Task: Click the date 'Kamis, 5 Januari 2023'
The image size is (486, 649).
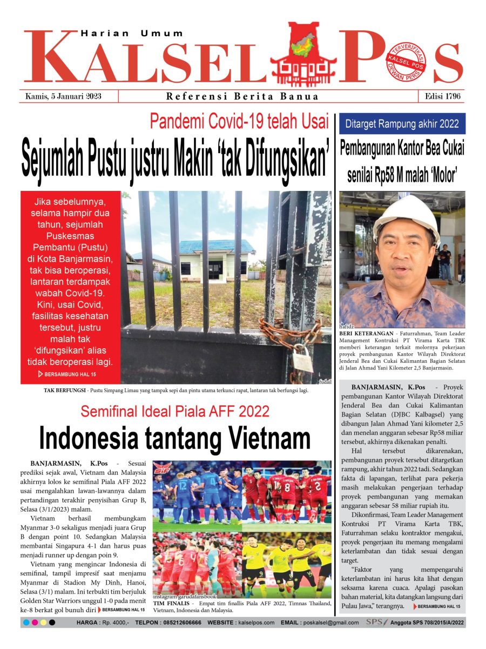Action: tap(63, 97)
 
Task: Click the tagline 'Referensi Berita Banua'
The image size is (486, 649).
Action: tap(242, 97)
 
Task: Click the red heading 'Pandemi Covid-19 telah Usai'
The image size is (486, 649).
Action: tap(239, 121)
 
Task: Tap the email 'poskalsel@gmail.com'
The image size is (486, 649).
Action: tap(330, 622)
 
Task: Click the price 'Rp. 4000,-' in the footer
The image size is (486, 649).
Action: tap(114, 622)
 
